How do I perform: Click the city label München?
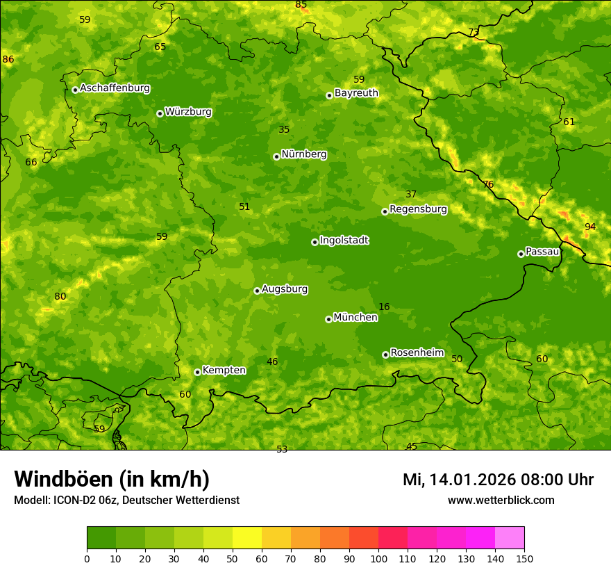click(x=355, y=318)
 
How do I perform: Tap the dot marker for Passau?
click(x=521, y=254)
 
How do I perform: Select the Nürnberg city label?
click(x=303, y=154)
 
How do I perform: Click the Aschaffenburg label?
click(x=115, y=88)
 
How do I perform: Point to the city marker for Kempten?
click(x=197, y=372)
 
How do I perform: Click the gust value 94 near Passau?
click(x=590, y=227)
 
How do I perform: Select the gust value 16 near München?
click(x=384, y=307)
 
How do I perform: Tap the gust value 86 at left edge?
click(x=8, y=60)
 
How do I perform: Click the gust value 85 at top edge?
click(x=301, y=5)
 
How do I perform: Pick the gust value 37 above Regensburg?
click(x=411, y=194)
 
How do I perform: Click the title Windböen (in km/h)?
click(x=112, y=479)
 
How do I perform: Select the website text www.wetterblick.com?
click(x=501, y=500)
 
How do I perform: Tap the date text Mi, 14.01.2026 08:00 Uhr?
click(x=498, y=480)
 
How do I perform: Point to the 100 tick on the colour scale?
click(x=378, y=558)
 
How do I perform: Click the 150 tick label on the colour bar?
click(x=524, y=558)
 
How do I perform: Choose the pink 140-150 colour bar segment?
click(x=510, y=538)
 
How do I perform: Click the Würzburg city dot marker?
click(x=160, y=113)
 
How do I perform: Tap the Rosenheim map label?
click(x=417, y=352)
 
